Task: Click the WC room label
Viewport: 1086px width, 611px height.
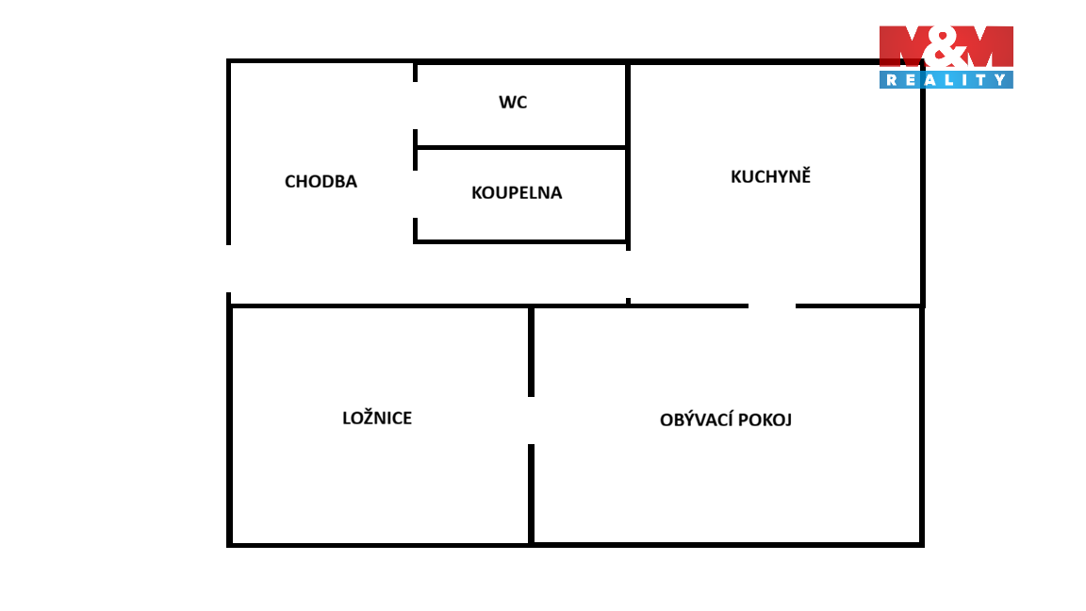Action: [513, 103]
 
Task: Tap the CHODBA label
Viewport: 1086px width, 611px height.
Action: [321, 181]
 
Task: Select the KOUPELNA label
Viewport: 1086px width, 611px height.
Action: [517, 192]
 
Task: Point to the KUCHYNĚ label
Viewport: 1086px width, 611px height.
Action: [770, 175]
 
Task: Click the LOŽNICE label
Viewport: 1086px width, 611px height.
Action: [377, 417]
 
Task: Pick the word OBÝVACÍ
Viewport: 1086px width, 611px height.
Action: [696, 419]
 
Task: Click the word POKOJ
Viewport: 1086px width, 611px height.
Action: [765, 420]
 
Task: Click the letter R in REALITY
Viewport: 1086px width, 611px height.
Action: [892, 80]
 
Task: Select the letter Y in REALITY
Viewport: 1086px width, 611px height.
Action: [1000, 80]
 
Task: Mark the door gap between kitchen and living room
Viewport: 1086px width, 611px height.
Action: [771, 305]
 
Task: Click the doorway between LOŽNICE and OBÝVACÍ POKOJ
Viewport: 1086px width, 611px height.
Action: [532, 421]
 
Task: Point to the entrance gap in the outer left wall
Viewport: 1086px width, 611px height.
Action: [228, 269]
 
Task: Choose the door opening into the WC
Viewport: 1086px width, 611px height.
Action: [416, 106]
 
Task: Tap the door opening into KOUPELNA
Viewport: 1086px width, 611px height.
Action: [416, 194]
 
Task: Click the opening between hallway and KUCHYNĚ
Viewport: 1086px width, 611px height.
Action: [628, 274]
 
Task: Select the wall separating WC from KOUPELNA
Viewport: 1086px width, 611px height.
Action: [521, 147]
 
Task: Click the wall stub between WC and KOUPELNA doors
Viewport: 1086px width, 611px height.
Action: [416, 150]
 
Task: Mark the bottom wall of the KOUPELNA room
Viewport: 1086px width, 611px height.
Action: [520, 241]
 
